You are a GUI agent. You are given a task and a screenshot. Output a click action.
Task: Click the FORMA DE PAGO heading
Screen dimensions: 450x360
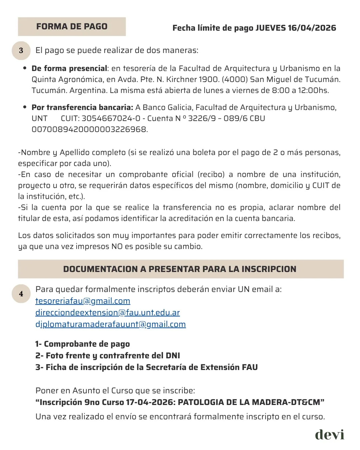pos(72,27)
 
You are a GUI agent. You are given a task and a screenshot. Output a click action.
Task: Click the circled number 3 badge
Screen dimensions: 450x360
pos(21,50)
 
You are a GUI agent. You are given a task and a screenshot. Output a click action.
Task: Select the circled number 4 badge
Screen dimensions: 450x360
pos(21,294)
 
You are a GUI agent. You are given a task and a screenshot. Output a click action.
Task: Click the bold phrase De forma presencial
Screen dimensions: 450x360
pos(69,69)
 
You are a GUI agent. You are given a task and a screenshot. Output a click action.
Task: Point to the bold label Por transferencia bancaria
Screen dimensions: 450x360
pos(82,107)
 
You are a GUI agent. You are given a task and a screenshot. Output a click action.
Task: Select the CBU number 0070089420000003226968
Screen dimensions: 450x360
pos(89,129)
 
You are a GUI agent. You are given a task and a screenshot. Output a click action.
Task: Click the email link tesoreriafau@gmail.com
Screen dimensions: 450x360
pos(83,301)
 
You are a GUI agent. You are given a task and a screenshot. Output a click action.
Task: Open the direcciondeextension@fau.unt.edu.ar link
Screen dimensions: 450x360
pos(107,313)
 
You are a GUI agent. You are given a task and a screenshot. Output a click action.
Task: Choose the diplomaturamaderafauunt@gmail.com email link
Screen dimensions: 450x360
pos(110,324)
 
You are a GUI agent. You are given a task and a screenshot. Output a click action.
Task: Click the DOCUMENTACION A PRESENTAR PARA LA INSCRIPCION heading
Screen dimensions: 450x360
pos(180,269)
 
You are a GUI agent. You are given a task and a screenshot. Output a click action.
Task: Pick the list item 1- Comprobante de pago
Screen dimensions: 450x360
pos(83,344)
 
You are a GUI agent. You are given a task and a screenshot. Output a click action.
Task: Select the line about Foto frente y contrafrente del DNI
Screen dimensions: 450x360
pos(108,356)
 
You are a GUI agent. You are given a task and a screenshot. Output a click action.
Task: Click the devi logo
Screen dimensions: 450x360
pos(329,434)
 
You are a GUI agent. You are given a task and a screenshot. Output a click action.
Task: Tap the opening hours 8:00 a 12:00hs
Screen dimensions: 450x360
pos(300,91)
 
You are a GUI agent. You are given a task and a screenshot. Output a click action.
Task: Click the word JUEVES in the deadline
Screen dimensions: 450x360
pos(270,28)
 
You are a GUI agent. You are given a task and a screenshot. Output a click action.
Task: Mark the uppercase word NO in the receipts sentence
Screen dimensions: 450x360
pos(117,247)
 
